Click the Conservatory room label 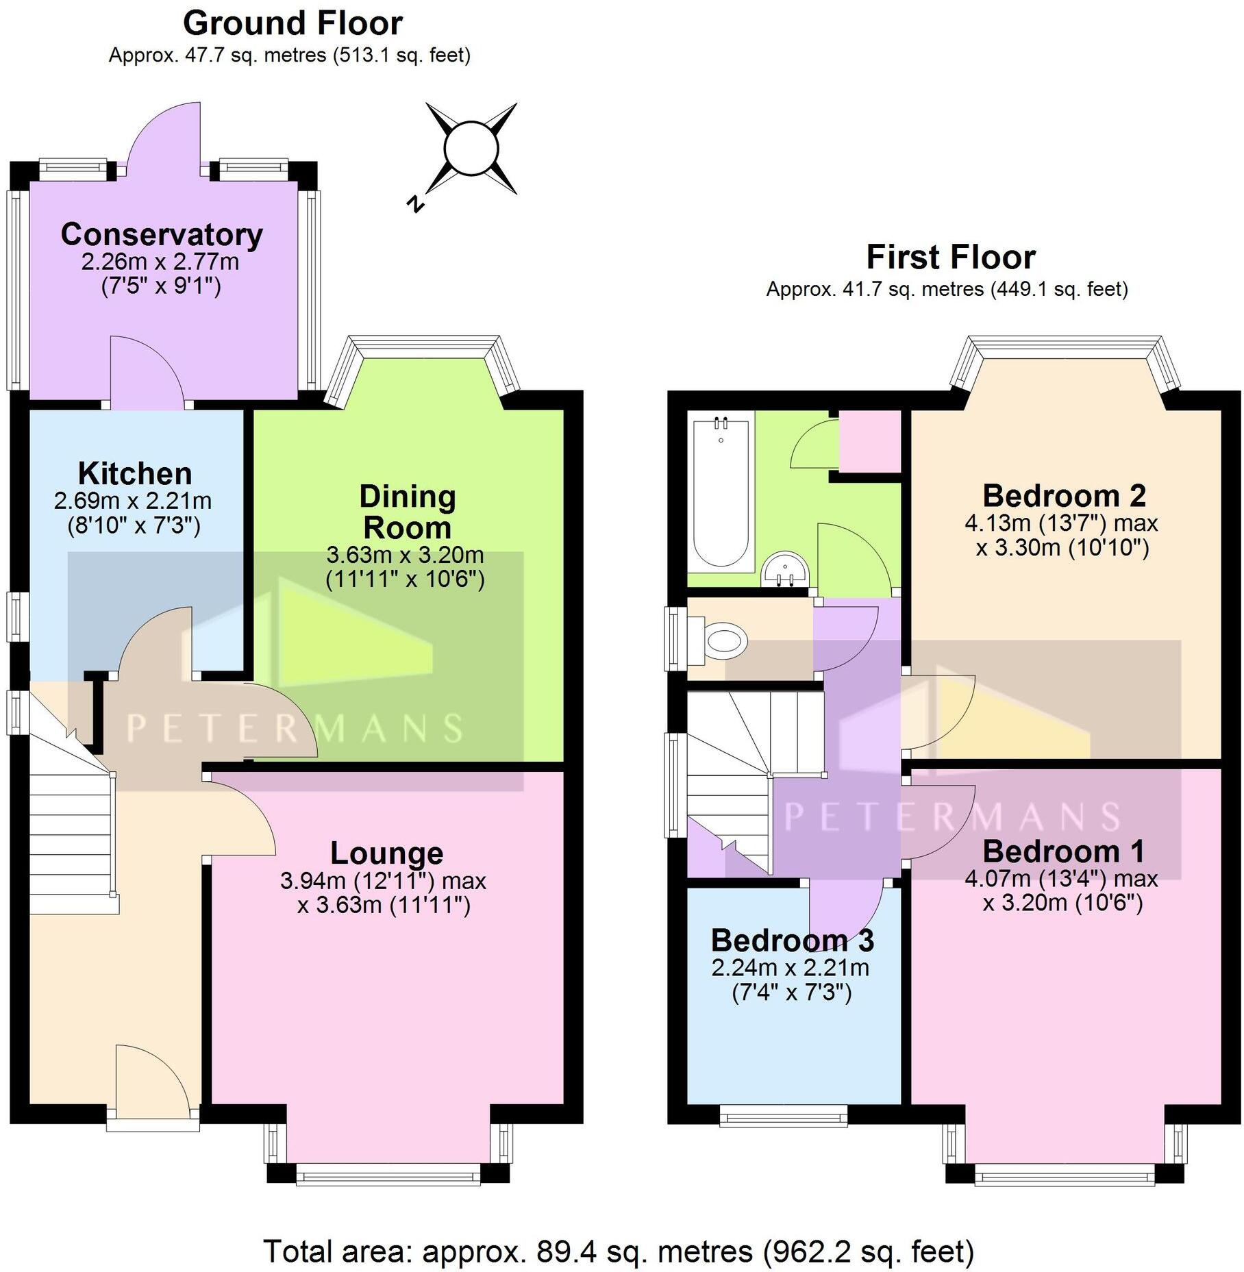click(x=162, y=235)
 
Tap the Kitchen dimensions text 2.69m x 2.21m click(x=133, y=501)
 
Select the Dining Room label click(x=407, y=512)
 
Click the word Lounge click(x=386, y=853)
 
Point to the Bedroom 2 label click(x=1064, y=495)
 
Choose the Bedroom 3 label click(x=792, y=940)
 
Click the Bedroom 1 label click(x=1063, y=851)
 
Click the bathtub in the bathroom click(x=721, y=492)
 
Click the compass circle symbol click(x=471, y=149)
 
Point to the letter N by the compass click(x=415, y=203)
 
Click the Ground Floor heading click(x=293, y=24)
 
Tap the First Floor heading click(x=950, y=258)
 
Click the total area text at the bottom click(x=619, y=1251)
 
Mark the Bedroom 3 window click(x=784, y=1118)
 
